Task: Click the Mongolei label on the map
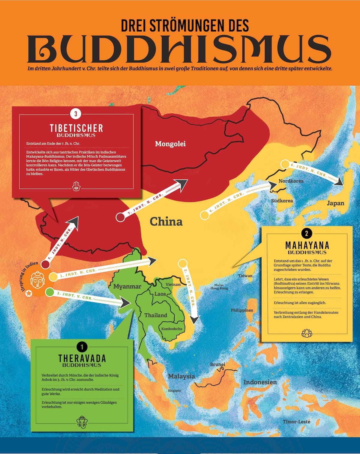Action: click(170, 144)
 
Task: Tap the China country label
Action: click(166, 222)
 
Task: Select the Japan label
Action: click(335, 203)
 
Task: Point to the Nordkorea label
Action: click(291, 181)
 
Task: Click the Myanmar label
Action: click(127, 286)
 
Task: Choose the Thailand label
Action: click(155, 315)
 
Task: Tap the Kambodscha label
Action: click(172, 329)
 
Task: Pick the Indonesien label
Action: click(260, 382)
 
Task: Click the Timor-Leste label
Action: click(296, 422)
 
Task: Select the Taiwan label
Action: click(245, 276)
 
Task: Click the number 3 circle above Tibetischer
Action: click(76, 114)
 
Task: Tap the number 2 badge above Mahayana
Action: click(306, 234)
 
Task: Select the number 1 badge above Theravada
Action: click(82, 347)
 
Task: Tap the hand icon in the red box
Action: click(76, 186)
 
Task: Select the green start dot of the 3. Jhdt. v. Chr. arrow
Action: click(50, 291)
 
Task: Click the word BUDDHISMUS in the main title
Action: click(179, 49)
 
